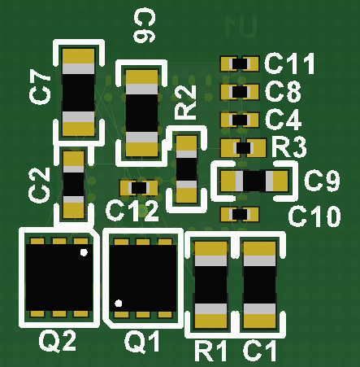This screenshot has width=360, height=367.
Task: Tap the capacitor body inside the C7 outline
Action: coord(80,91)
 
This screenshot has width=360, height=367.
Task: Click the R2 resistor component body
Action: coord(187,168)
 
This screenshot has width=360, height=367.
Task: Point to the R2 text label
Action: coord(186,103)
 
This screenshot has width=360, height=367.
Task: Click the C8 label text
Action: coord(283,91)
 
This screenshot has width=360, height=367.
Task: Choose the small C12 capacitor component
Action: coord(139,188)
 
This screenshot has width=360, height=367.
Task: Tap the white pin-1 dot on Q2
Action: coord(84,253)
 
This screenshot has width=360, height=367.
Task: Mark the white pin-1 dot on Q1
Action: coord(119,304)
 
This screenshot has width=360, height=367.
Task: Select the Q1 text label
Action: coord(143,343)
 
